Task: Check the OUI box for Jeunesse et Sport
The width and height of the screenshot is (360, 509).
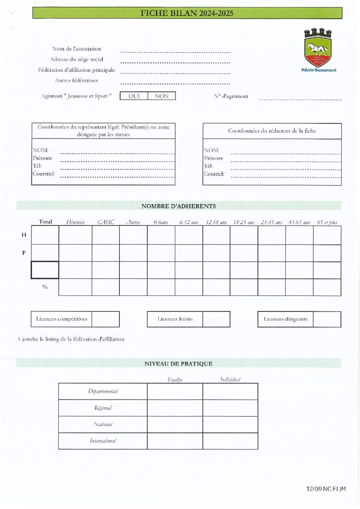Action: [x=134, y=96]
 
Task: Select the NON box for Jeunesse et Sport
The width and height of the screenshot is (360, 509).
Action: [x=162, y=96]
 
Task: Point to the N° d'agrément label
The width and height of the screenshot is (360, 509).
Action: [x=230, y=96]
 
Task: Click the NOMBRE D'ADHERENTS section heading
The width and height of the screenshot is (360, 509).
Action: [x=179, y=205]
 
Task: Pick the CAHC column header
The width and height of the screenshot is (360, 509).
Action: [x=106, y=222]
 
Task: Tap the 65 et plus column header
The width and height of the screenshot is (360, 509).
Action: [x=327, y=222]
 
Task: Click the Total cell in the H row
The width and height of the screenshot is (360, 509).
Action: [x=45, y=235]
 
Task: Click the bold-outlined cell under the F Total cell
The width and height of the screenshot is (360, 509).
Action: [x=45, y=269]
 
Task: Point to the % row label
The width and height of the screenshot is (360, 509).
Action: [x=45, y=287]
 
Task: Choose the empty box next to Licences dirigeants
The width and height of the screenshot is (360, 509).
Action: [x=327, y=319]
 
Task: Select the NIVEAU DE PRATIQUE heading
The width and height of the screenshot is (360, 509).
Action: [x=179, y=363]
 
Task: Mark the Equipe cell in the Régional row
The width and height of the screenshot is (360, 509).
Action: [x=175, y=408]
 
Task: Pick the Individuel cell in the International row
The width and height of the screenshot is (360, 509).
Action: [x=230, y=441]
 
